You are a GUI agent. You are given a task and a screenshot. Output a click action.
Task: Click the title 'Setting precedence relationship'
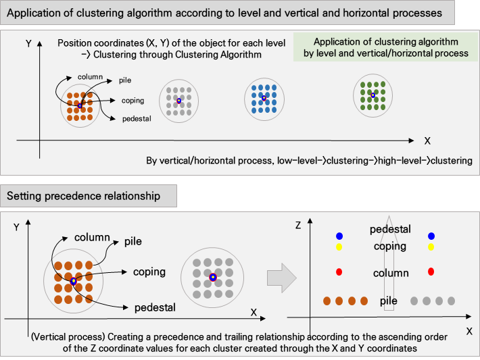click(x=84, y=196)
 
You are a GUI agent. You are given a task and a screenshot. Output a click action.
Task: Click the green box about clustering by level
click(x=386, y=47)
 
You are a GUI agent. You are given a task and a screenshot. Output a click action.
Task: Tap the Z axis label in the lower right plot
click(x=298, y=226)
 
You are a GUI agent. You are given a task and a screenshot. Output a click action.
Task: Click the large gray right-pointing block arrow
click(x=282, y=278)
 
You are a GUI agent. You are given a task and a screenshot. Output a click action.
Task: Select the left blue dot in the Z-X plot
click(x=339, y=236)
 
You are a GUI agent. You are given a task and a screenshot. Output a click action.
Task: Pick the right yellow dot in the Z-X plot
click(x=431, y=247)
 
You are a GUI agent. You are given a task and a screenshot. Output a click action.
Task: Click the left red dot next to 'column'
click(x=339, y=272)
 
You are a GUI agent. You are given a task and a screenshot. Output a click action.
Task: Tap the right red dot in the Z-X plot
click(x=431, y=272)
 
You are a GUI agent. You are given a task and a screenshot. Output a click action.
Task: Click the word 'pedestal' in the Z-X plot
click(x=390, y=230)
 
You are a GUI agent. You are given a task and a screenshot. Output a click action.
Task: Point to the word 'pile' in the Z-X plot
click(x=389, y=301)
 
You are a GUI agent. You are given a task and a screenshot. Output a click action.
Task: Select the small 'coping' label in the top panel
click(x=133, y=101)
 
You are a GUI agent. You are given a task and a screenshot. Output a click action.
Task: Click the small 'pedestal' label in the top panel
click(x=137, y=119)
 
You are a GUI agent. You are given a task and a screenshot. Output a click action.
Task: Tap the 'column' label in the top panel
click(x=90, y=77)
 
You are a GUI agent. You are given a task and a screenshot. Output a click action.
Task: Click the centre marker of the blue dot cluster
click(x=264, y=98)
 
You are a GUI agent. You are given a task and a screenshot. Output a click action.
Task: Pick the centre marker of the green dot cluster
click(x=373, y=95)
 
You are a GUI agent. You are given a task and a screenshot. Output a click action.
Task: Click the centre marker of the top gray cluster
click(x=178, y=101)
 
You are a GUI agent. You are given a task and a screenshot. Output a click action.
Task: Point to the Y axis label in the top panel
click(x=28, y=44)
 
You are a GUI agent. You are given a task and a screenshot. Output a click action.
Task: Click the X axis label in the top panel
click(x=427, y=140)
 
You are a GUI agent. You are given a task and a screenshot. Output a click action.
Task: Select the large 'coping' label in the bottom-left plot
click(x=149, y=272)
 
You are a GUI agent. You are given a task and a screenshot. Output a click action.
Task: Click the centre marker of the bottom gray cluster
click(x=213, y=278)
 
